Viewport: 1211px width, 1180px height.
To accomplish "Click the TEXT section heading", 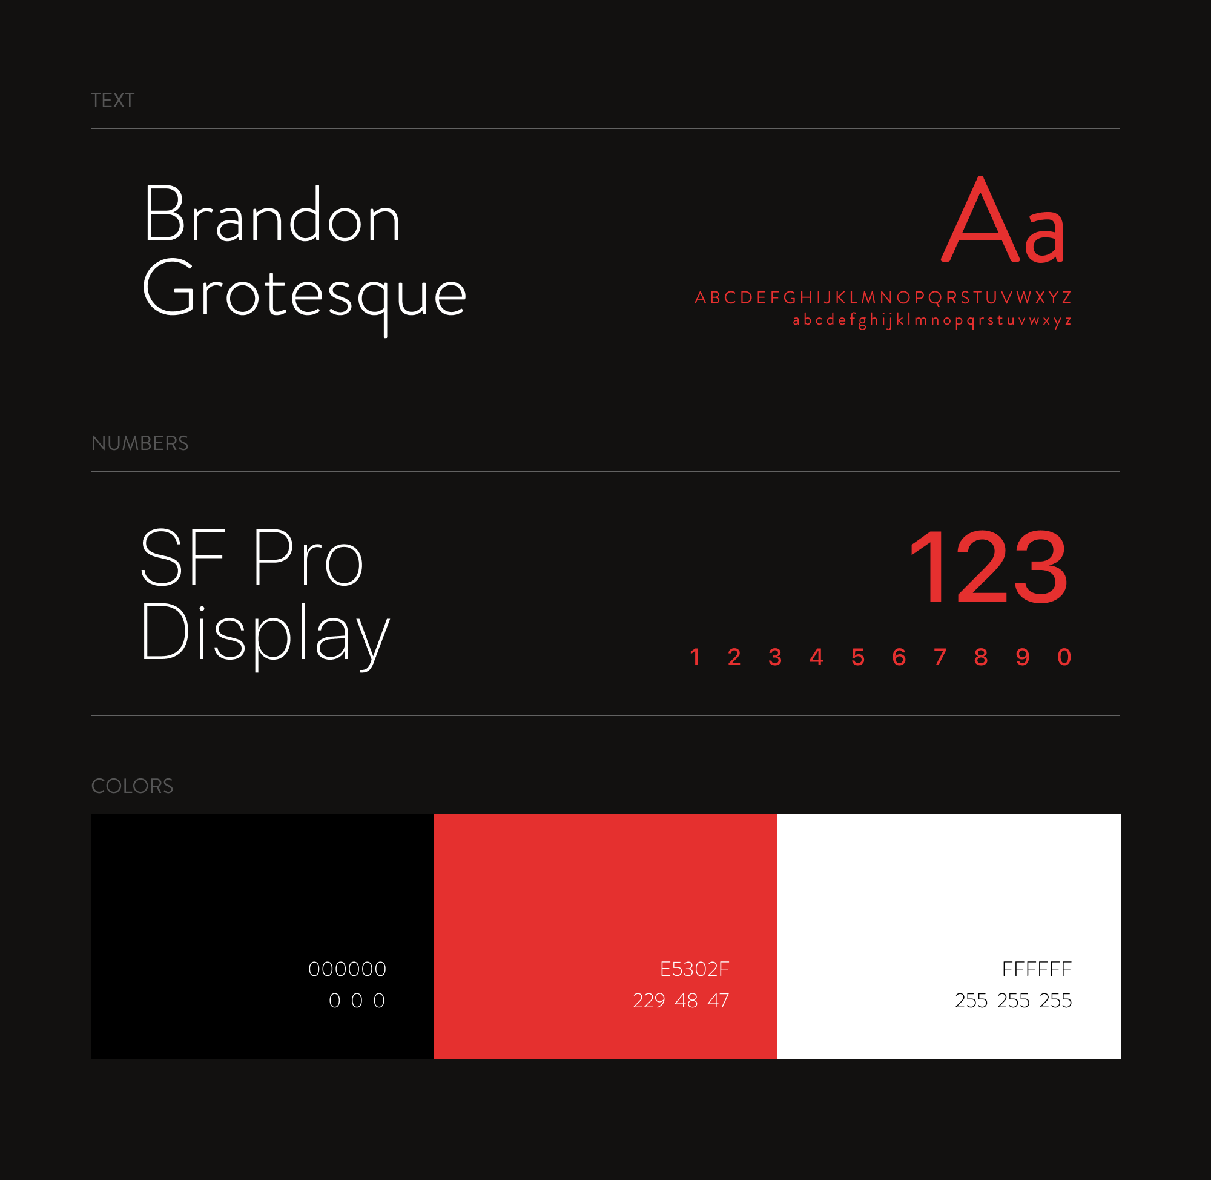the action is point(112,101).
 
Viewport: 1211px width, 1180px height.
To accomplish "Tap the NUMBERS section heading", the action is point(139,443).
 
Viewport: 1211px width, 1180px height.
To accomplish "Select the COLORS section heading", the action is point(132,786).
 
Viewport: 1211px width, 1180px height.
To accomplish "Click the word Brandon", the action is point(272,214).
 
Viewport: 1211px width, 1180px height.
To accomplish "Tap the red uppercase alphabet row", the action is point(883,297).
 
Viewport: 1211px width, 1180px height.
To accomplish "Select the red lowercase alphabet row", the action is point(932,320).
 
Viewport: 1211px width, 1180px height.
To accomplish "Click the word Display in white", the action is point(265,635).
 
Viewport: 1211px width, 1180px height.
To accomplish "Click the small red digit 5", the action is point(858,657).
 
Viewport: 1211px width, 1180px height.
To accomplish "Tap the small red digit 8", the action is point(981,657).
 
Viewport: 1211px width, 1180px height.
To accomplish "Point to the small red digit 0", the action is point(1064,657).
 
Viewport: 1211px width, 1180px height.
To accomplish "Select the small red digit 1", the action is point(695,657).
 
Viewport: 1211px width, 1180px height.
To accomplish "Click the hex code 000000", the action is point(348,969).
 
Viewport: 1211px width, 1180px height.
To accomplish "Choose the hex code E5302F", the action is point(695,969).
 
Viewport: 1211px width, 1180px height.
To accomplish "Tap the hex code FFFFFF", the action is point(1037,969).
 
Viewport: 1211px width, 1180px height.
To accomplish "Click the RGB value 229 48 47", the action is point(681,1000).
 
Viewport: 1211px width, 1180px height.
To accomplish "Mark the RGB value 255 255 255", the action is point(1014,1000).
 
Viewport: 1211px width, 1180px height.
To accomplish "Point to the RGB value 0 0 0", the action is point(357,1000).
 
